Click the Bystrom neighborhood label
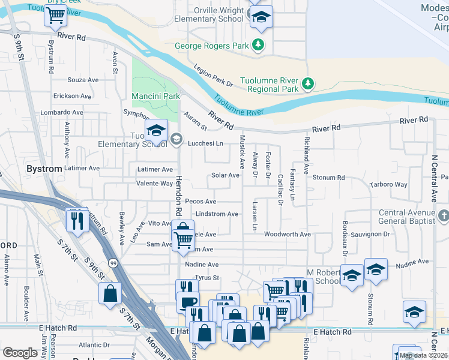(44, 169)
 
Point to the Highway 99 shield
(113, 262)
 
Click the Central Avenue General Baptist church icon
(443, 215)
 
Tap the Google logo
(20, 353)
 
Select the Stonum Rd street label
(328, 178)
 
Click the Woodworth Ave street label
(287, 234)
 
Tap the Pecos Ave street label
(200, 202)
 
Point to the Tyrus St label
(207, 278)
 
